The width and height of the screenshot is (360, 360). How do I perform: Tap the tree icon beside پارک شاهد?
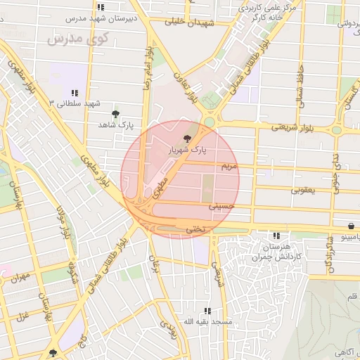point(116,113)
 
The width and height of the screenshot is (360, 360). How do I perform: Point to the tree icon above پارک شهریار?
point(186,139)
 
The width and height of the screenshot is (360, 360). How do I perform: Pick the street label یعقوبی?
point(304,190)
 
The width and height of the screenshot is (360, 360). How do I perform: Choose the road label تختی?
point(193,229)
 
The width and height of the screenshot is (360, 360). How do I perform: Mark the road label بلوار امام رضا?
point(148,68)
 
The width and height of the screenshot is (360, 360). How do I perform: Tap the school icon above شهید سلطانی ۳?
point(74,93)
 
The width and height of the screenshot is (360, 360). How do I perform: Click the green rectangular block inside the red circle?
point(208,188)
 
